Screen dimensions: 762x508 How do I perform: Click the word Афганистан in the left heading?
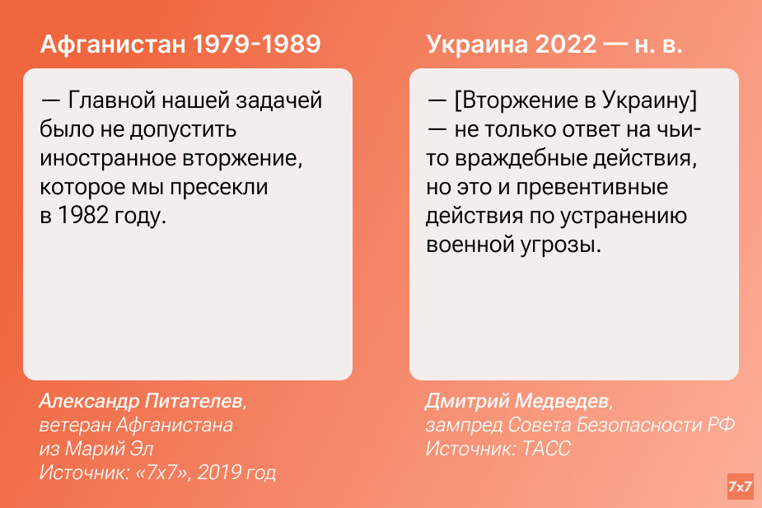[x=113, y=44]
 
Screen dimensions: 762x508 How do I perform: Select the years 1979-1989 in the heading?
[x=256, y=44]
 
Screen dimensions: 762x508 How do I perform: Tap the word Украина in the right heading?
[x=477, y=44]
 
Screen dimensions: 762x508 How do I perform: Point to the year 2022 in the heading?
[x=566, y=44]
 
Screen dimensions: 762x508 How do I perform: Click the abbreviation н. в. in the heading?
[x=658, y=45]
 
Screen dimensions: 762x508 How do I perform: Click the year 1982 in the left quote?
[x=82, y=215]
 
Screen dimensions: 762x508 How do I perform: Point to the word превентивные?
[x=592, y=188]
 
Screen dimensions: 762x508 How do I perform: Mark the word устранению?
[x=624, y=216]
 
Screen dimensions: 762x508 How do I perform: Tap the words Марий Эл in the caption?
[x=110, y=448]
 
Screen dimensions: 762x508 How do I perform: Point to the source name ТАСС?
[x=547, y=448]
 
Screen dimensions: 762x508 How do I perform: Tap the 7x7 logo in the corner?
[x=740, y=486]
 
